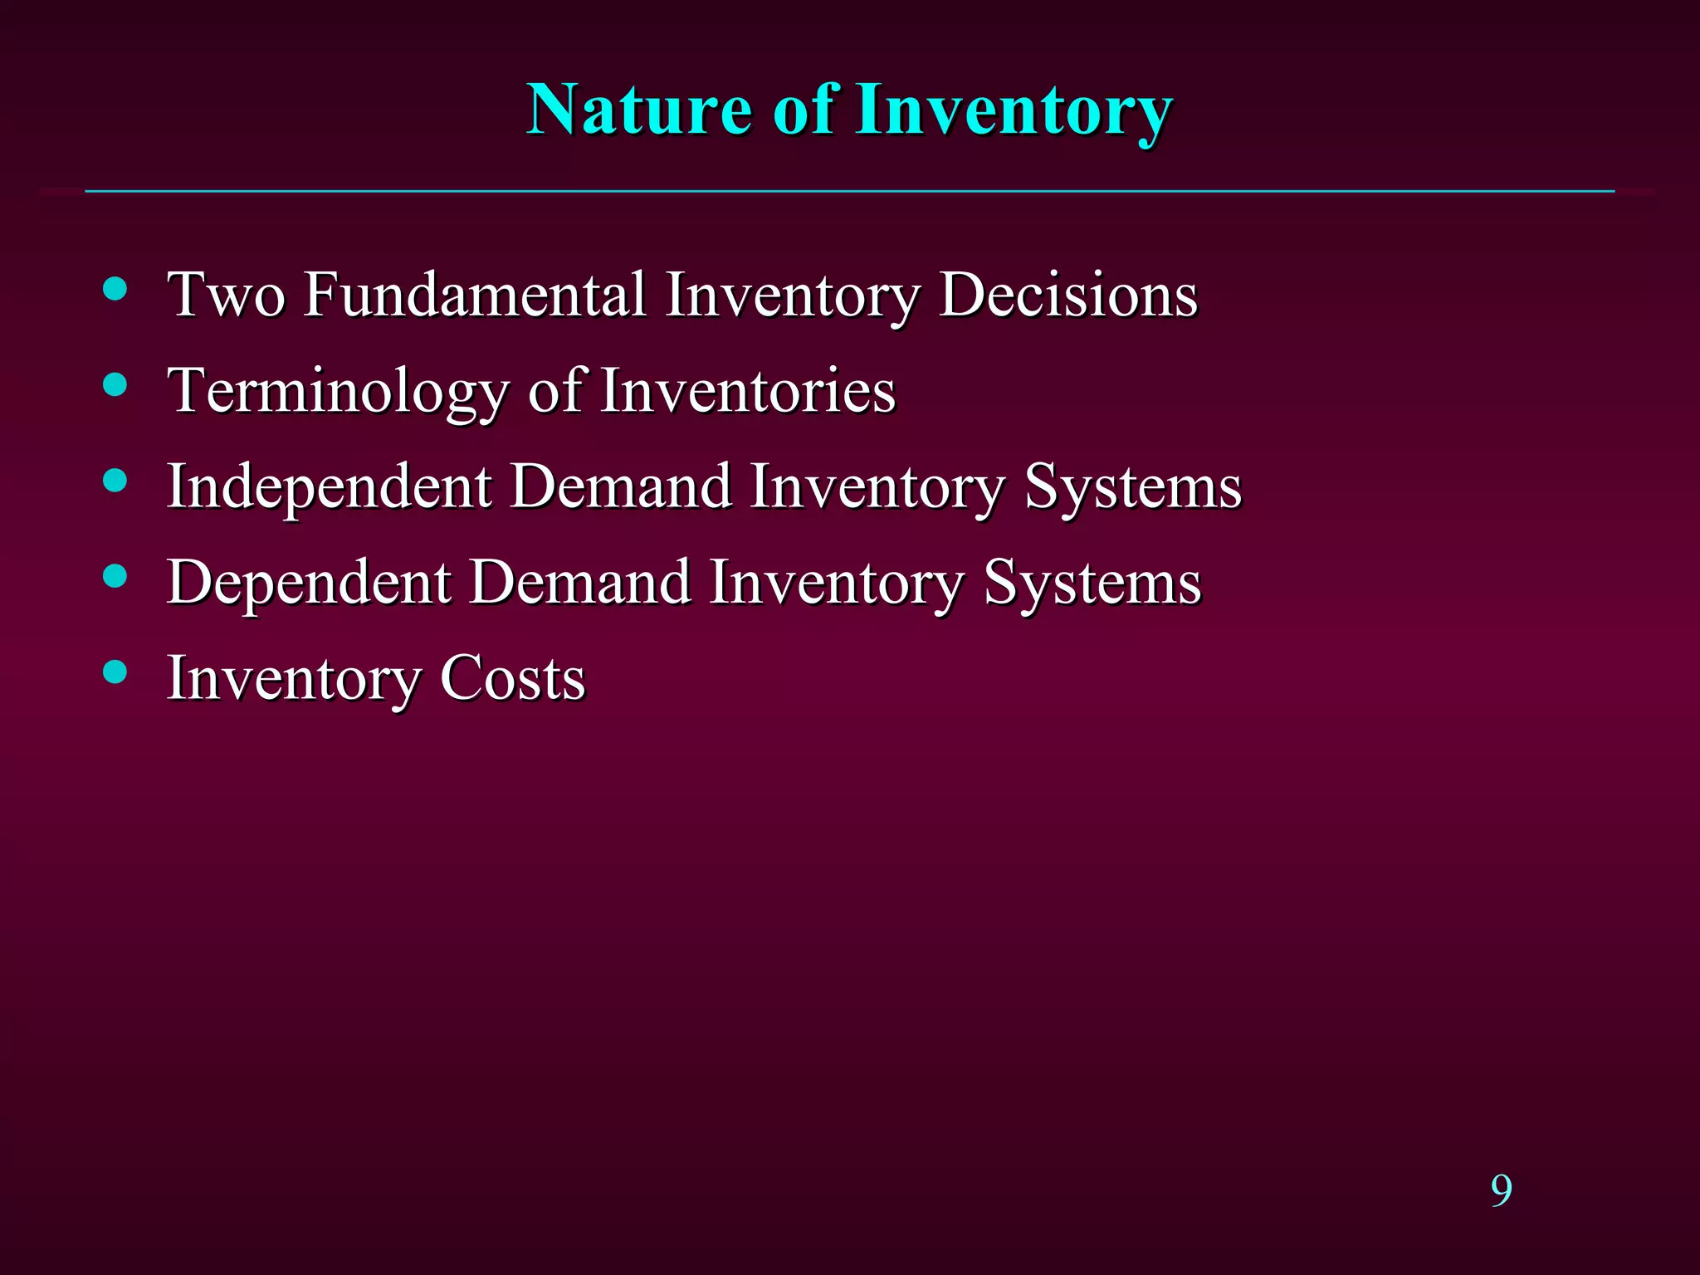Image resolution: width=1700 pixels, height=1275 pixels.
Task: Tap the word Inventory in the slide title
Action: pos(1014,111)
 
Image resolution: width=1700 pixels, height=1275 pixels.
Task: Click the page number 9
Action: pos(1501,1190)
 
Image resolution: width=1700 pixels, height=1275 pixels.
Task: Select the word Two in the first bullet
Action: pos(225,295)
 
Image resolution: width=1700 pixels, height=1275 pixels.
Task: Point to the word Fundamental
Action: pos(475,295)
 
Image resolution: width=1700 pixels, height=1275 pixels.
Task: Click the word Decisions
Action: pos(1068,295)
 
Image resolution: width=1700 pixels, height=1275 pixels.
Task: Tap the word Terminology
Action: pos(337,391)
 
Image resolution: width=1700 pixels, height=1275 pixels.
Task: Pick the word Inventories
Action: pos(748,391)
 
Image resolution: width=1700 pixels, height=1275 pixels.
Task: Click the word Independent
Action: pos(330,487)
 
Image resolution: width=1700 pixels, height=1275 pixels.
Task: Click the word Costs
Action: pos(512,678)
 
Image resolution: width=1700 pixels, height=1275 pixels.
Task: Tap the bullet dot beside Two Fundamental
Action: pos(115,289)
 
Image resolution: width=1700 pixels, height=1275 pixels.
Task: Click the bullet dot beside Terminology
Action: pos(115,384)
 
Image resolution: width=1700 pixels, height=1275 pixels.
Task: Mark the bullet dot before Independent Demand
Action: pos(115,481)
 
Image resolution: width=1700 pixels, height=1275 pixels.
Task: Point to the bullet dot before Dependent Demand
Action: pos(115,576)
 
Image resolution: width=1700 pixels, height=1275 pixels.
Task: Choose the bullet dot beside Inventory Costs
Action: pos(115,672)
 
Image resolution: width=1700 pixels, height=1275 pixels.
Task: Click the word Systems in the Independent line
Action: pos(1133,487)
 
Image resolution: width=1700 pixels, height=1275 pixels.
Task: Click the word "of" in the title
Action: pos(803,110)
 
